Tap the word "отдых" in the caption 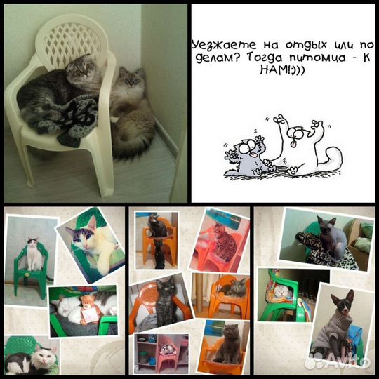(x=306, y=45)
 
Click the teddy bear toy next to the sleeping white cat (x=89, y=310)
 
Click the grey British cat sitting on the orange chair (x=228, y=343)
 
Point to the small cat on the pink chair (x=168, y=349)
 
